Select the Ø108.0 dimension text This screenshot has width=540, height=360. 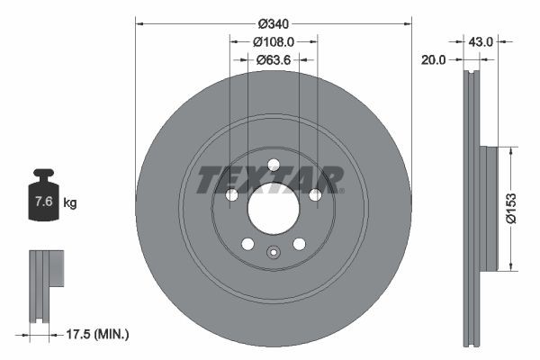tap(274, 41)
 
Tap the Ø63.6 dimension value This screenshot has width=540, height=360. tap(274, 60)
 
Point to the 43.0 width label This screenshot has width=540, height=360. tap(481, 41)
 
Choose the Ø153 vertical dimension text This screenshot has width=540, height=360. tap(509, 207)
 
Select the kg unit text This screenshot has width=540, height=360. tap(70, 203)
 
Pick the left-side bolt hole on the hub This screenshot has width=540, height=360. tap(231, 195)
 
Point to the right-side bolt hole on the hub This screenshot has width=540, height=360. tap(315, 195)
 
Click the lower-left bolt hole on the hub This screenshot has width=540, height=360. tap(247, 243)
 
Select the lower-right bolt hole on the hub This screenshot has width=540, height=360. tap(299, 243)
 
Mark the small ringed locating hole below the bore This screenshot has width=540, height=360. tap(273, 254)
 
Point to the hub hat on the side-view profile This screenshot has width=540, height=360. tap(490, 207)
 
